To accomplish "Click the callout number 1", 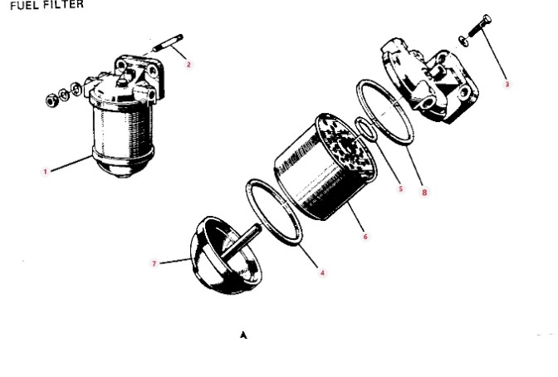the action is click(x=45, y=172).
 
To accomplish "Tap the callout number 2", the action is click(x=188, y=65).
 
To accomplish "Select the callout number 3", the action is click(x=507, y=85).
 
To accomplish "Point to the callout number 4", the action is click(x=322, y=273).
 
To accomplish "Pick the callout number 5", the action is click(x=401, y=188).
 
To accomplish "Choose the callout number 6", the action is click(x=365, y=237).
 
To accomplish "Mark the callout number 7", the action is click(x=154, y=263).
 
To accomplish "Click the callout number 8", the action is click(x=424, y=193).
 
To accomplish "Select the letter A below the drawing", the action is click(x=243, y=335).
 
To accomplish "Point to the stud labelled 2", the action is click(x=168, y=43).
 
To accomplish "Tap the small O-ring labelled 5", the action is click(x=366, y=129).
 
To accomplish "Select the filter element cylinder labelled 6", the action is click(x=325, y=167).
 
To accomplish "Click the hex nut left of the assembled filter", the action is click(x=51, y=100).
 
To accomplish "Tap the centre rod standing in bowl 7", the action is click(x=242, y=241).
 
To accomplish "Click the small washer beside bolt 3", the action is click(x=463, y=41).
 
